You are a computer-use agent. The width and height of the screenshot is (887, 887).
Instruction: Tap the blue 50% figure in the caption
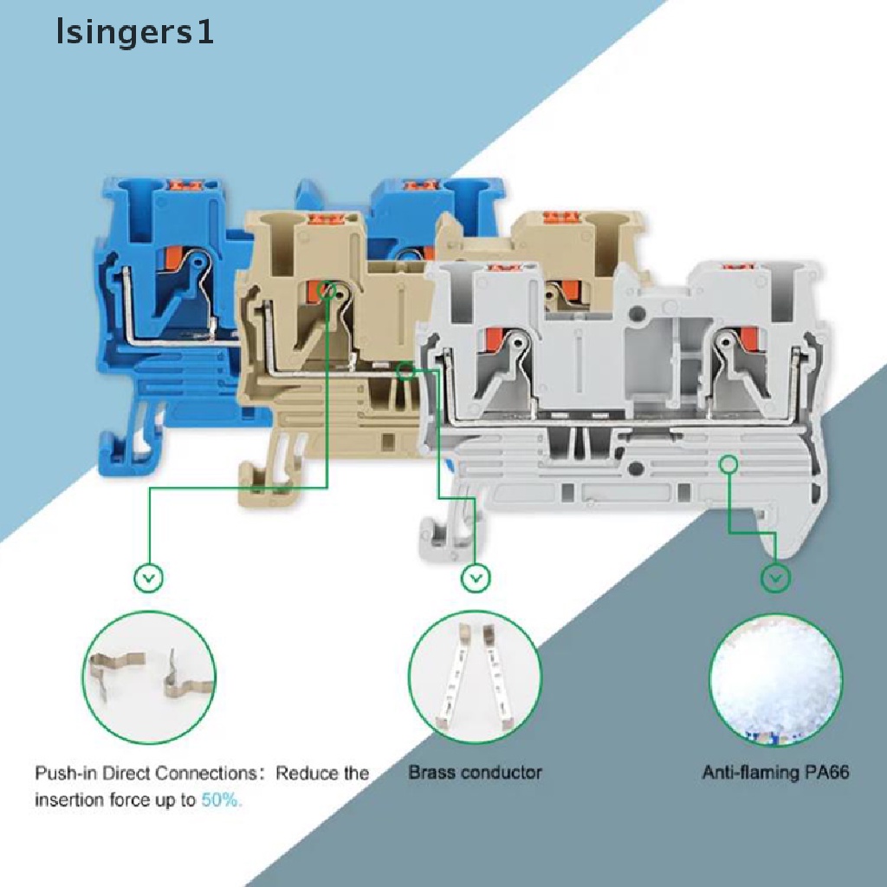click(x=222, y=800)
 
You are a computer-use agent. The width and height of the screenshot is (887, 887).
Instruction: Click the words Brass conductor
click(x=476, y=772)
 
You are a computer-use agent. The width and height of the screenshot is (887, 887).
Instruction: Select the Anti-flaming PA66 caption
click(x=775, y=772)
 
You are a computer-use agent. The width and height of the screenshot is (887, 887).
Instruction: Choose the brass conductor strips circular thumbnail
click(x=474, y=677)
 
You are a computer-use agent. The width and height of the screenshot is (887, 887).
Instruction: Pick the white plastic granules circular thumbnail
click(x=775, y=677)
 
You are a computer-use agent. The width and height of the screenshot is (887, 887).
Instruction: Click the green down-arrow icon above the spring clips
click(x=149, y=578)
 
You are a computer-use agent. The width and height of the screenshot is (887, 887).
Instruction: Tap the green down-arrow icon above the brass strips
click(x=475, y=578)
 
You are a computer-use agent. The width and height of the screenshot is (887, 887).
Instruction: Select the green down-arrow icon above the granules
click(x=775, y=578)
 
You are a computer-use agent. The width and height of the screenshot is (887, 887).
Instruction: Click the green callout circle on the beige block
click(x=328, y=290)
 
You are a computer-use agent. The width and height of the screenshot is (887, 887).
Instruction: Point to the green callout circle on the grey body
click(x=728, y=465)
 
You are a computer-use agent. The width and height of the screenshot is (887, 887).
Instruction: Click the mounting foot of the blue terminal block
click(x=122, y=454)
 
